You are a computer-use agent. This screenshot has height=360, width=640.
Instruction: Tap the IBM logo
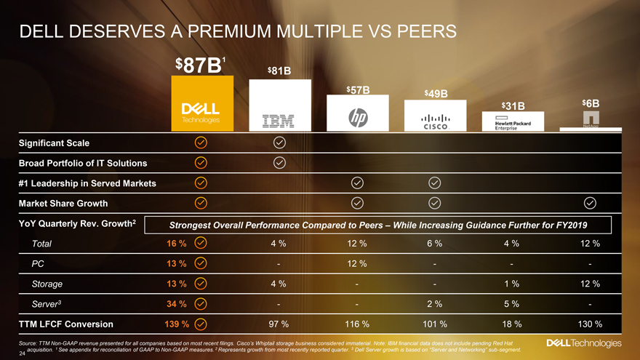pyautogui.click(x=280, y=119)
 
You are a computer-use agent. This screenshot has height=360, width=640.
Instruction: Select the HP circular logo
pyautogui.click(x=356, y=117)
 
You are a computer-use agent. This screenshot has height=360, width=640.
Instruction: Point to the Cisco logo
pyautogui.click(x=435, y=121)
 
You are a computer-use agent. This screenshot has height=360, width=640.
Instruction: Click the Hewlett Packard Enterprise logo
pyautogui.click(x=514, y=122)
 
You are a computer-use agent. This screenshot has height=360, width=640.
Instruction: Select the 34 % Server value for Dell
pyautogui.click(x=177, y=304)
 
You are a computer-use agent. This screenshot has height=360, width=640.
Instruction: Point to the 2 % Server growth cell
pyautogui.click(x=435, y=304)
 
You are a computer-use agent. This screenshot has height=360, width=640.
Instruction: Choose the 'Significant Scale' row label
pyautogui.click(x=53, y=142)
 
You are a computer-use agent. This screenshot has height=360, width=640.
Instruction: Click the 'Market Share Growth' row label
pyautogui.click(x=63, y=202)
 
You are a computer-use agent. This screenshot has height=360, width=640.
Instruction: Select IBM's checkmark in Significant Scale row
pyautogui.click(x=279, y=142)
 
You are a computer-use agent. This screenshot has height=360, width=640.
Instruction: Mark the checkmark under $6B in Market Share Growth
pyautogui.click(x=591, y=202)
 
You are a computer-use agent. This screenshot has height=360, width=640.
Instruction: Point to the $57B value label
pyautogui.click(x=357, y=90)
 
